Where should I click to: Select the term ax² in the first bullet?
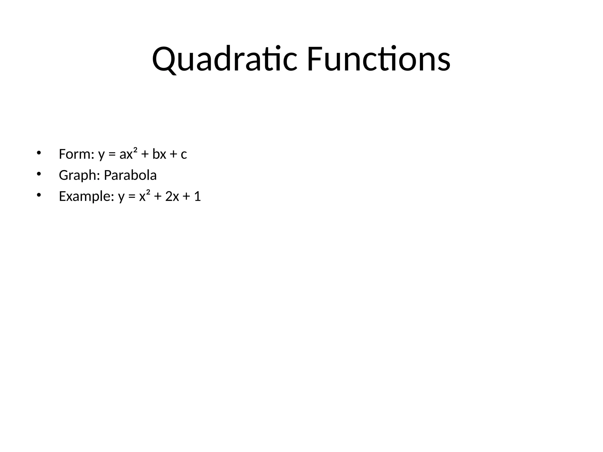pos(128,154)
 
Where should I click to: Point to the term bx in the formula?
pos(159,154)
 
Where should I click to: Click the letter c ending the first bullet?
pos(184,154)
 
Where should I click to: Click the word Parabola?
pos(130,175)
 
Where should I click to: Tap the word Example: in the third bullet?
pos(87,196)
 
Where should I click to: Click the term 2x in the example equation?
pos(172,196)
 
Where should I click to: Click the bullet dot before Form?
pos(38,153)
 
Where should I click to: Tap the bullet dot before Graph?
pos(38,174)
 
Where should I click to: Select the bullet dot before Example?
pos(38,195)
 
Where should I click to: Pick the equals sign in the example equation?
pos(132,197)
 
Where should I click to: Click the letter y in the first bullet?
pos(101,155)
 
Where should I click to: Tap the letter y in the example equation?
pos(121,197)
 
